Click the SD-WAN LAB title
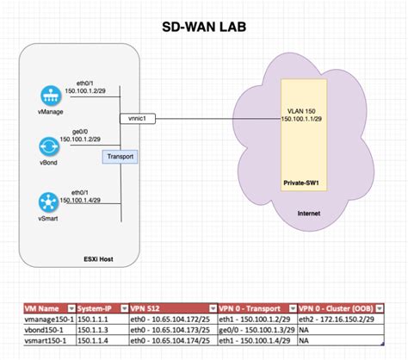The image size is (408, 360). point(204,26)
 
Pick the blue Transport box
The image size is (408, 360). point(118,156)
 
